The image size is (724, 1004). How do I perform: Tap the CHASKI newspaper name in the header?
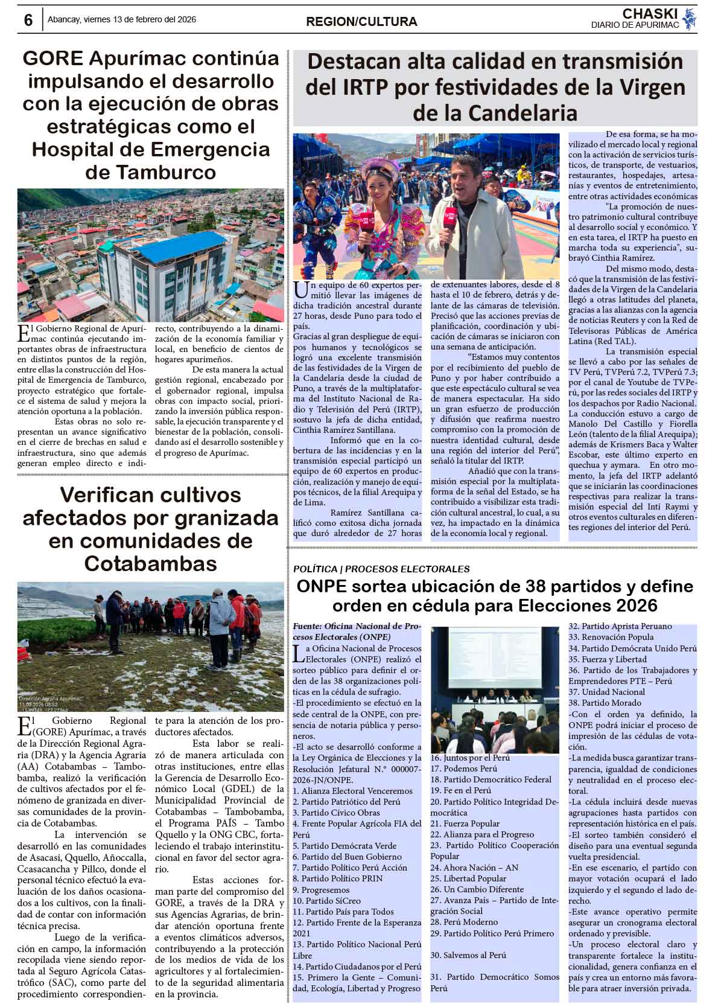[x=650, y=14]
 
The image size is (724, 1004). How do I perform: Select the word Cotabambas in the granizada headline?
[x=150, y=563]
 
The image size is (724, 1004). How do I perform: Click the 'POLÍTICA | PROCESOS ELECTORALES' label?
[x=381, y=569]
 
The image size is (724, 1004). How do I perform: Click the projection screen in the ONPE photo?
[x=495, y=659]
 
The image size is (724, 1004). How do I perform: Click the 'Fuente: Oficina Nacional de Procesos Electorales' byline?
[x=356, y=631]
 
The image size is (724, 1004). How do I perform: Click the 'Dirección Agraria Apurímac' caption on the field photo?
[x=50, y=699]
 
